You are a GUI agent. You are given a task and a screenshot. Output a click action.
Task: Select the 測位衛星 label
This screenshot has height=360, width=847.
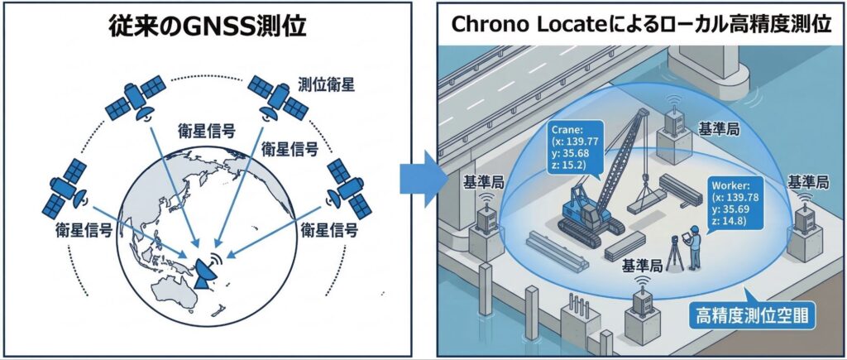(x=322, y=84)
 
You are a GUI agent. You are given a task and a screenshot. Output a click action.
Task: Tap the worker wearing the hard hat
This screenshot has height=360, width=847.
(x=696, y=248)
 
